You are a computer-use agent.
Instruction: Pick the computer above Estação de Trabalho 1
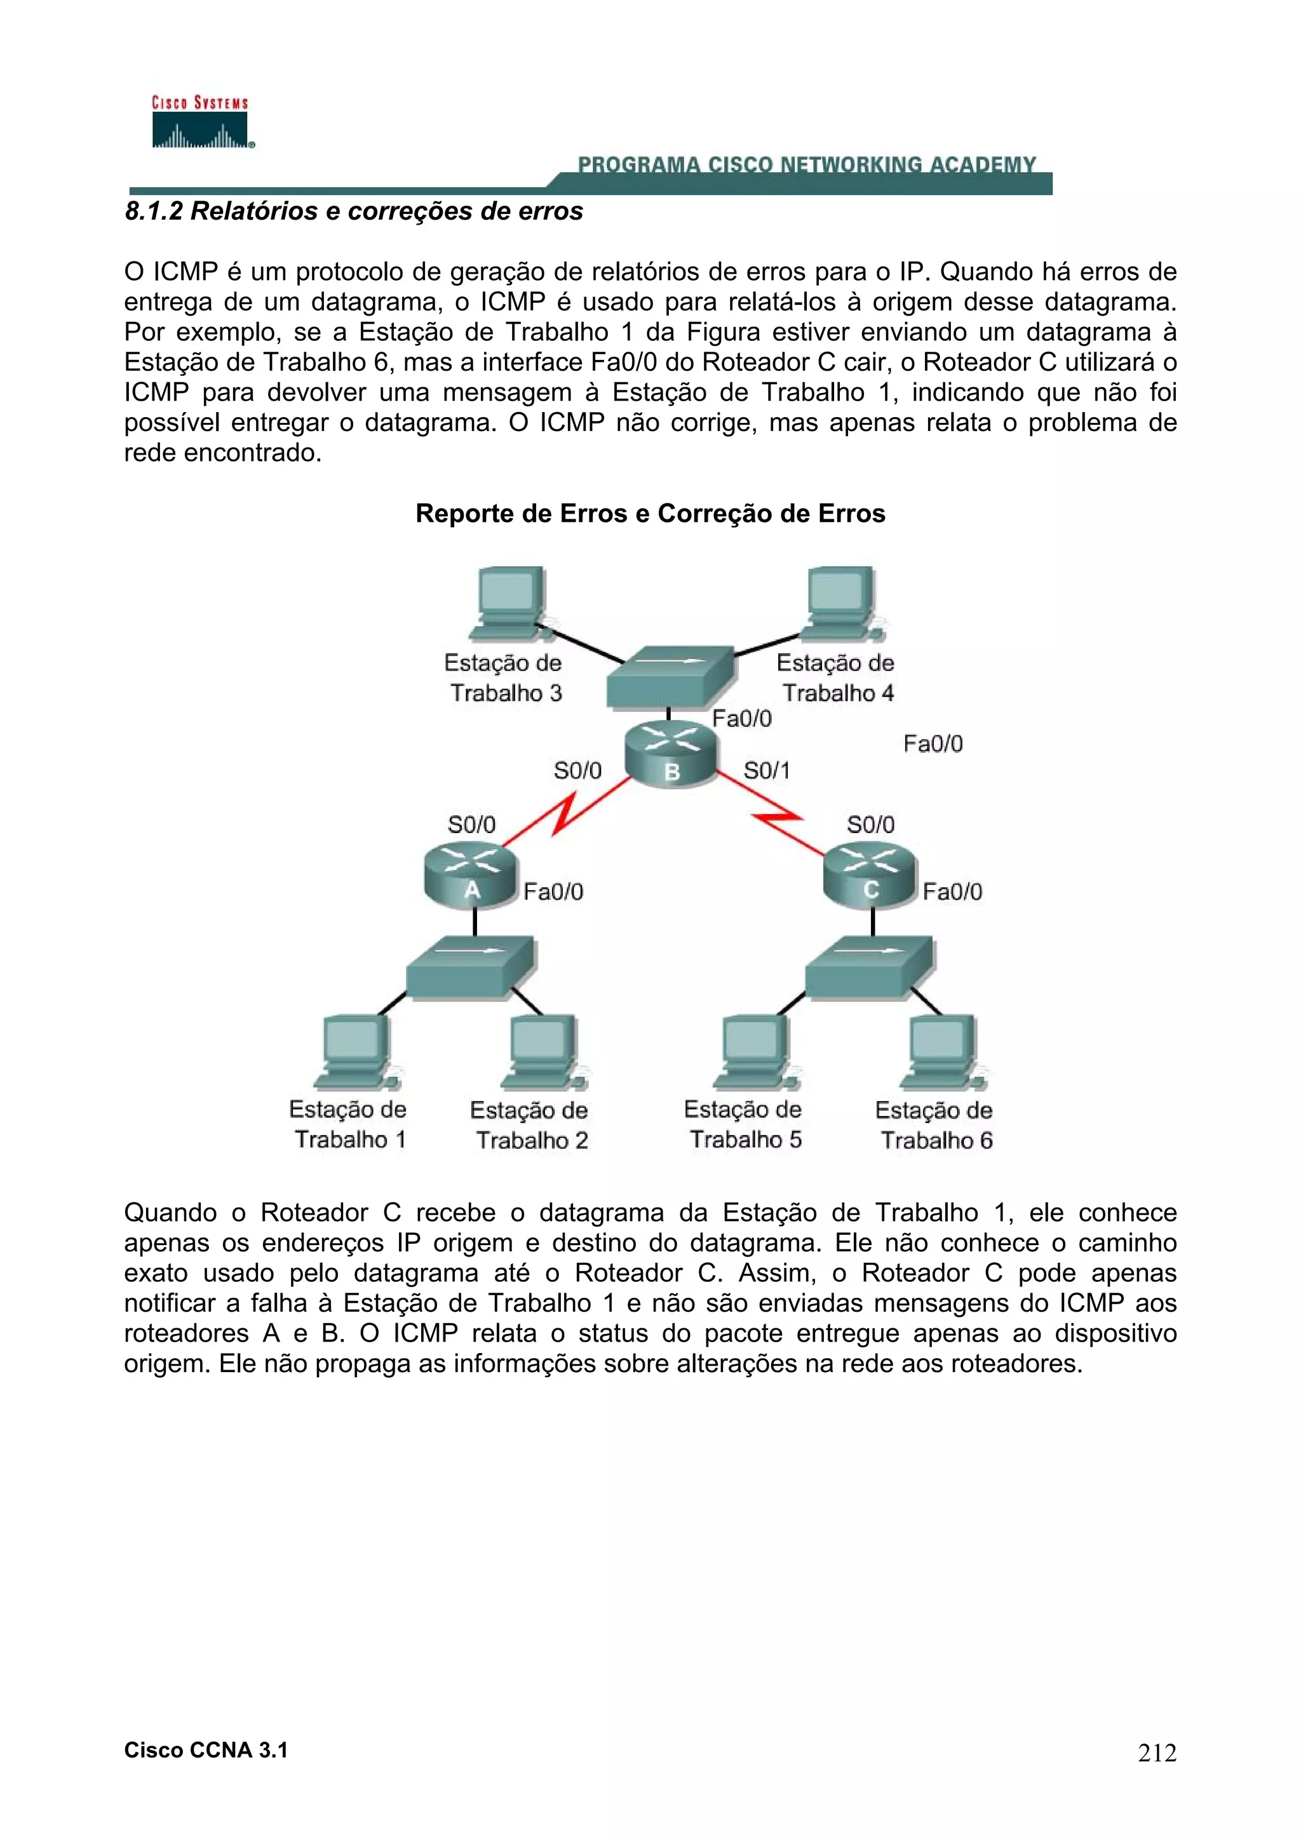356,1052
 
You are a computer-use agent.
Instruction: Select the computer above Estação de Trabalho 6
943,1052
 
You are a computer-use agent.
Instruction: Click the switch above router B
670,677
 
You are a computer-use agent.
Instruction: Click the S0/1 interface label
766,771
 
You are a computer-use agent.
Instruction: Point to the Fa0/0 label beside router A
553,892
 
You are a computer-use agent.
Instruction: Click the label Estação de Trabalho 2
530,1125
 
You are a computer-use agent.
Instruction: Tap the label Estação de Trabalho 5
744,1124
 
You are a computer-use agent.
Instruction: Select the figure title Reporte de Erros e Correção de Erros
650,514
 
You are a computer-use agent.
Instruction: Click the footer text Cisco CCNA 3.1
206,1750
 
